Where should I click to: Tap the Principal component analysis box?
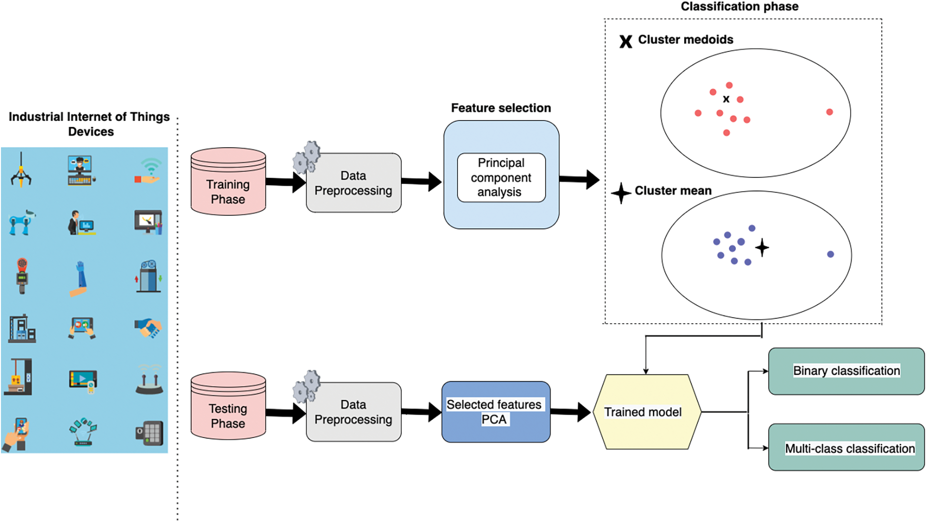click(x=501, y=177)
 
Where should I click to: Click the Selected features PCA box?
click(x=495, y=412)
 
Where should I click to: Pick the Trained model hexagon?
click(x=646, y=412)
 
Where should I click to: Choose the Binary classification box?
click(x=846, y=371)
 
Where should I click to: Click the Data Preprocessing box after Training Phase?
click(x=353, y=183)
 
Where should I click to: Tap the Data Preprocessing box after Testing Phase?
click(x=353, y=412)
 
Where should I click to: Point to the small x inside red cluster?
click(x=726, y=99)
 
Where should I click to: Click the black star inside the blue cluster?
click(x=762, y=248)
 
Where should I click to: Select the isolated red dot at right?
click(x=829, y=112)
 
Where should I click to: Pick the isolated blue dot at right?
click(x=830, y=254)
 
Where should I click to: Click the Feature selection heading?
click(x=501, y=108)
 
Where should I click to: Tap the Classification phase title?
click(x=739, y=6)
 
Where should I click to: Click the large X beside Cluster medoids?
click(x=626, y=41)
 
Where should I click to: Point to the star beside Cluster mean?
click(x=621, y=193)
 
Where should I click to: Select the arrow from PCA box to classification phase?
click(x=579, y=179)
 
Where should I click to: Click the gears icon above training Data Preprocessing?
click(x=307, y=157)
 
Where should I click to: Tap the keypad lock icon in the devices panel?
click(x=149, y=433)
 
